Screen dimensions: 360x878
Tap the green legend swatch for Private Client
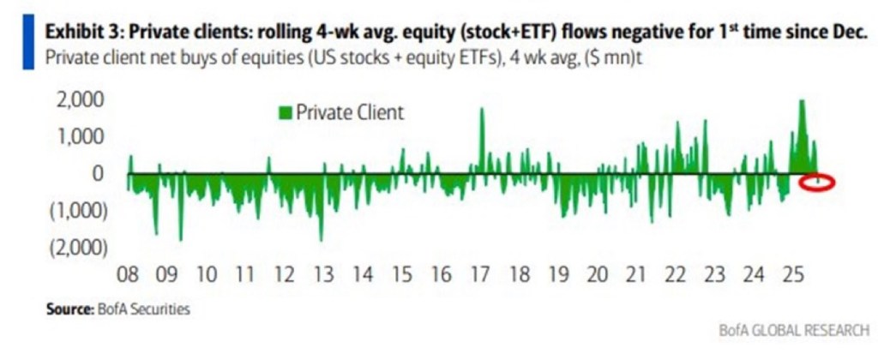click(x=286, y=112)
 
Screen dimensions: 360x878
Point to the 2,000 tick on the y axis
click(x=80, y=100)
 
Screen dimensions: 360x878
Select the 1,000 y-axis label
click(x=80, y=136)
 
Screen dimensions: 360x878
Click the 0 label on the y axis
click(x=97, y=173)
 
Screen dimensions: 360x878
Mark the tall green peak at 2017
click(x=482, y=110)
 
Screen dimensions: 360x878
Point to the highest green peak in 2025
click(x=802, y=101)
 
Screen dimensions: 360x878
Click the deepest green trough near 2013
click(x=321, y=239)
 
